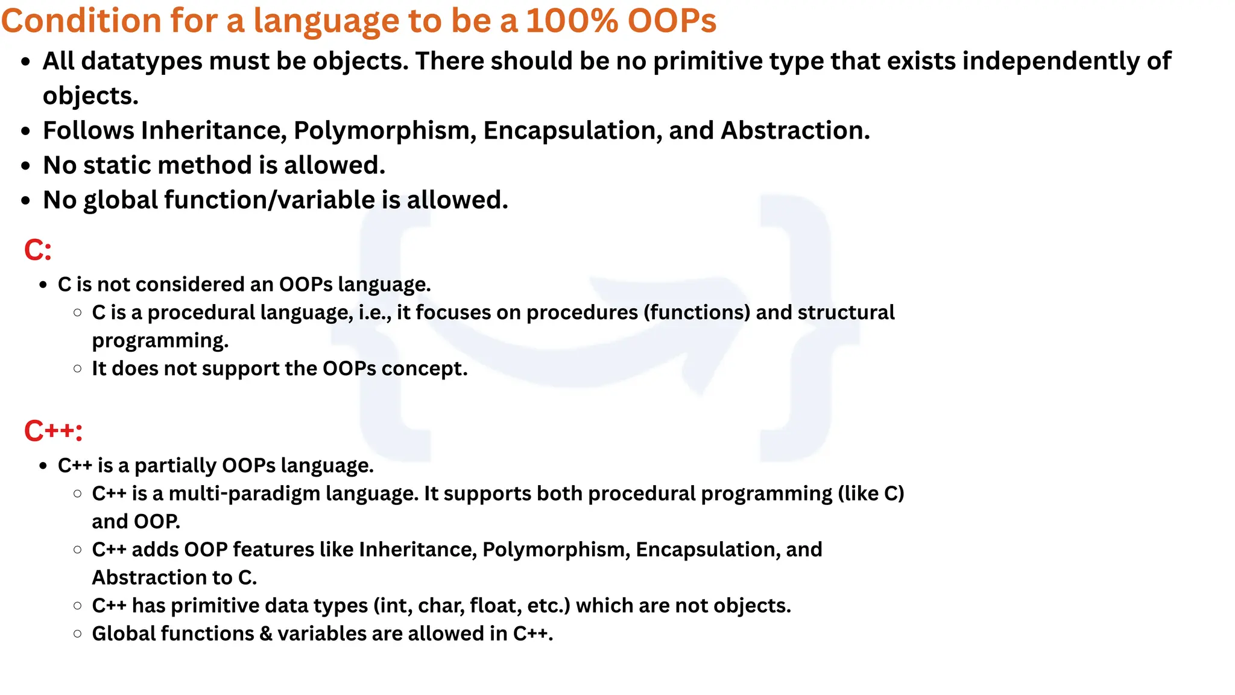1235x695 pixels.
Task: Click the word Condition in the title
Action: [x=81, y=21]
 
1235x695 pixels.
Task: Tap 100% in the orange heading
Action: [x=572, y=21]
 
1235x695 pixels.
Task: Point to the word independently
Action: [x=1058, y=61]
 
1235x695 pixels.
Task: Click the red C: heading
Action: [x=38, y=250]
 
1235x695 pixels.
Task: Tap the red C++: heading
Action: [x=53, y=431]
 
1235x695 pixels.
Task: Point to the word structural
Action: [x=846, y=313]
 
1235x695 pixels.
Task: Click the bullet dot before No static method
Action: [x=25, y=166]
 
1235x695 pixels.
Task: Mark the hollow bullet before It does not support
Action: [x=77, y=369]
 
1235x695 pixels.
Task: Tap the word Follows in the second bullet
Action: [x=88, y=131]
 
